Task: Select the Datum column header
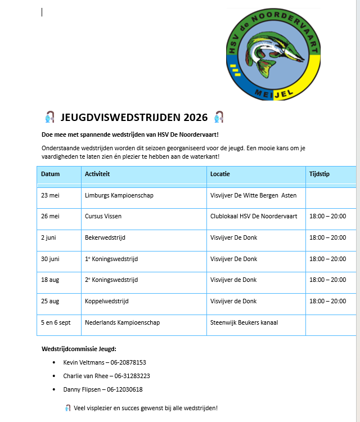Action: click(51, 174)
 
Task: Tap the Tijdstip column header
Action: click(319, 174)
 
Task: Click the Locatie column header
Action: click(220, 174)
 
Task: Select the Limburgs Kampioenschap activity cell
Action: click(119, 196)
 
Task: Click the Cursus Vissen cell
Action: click(103, 217)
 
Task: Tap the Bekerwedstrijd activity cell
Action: click(105, 238)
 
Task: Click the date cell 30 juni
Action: click(52, 259)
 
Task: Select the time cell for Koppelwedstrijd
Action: click(327, 302)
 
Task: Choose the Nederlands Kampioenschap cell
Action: click(122, 323)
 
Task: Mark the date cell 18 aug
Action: click(51, 280)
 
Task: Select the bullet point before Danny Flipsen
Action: click(54, 390)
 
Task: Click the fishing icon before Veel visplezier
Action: click(67, 408)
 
